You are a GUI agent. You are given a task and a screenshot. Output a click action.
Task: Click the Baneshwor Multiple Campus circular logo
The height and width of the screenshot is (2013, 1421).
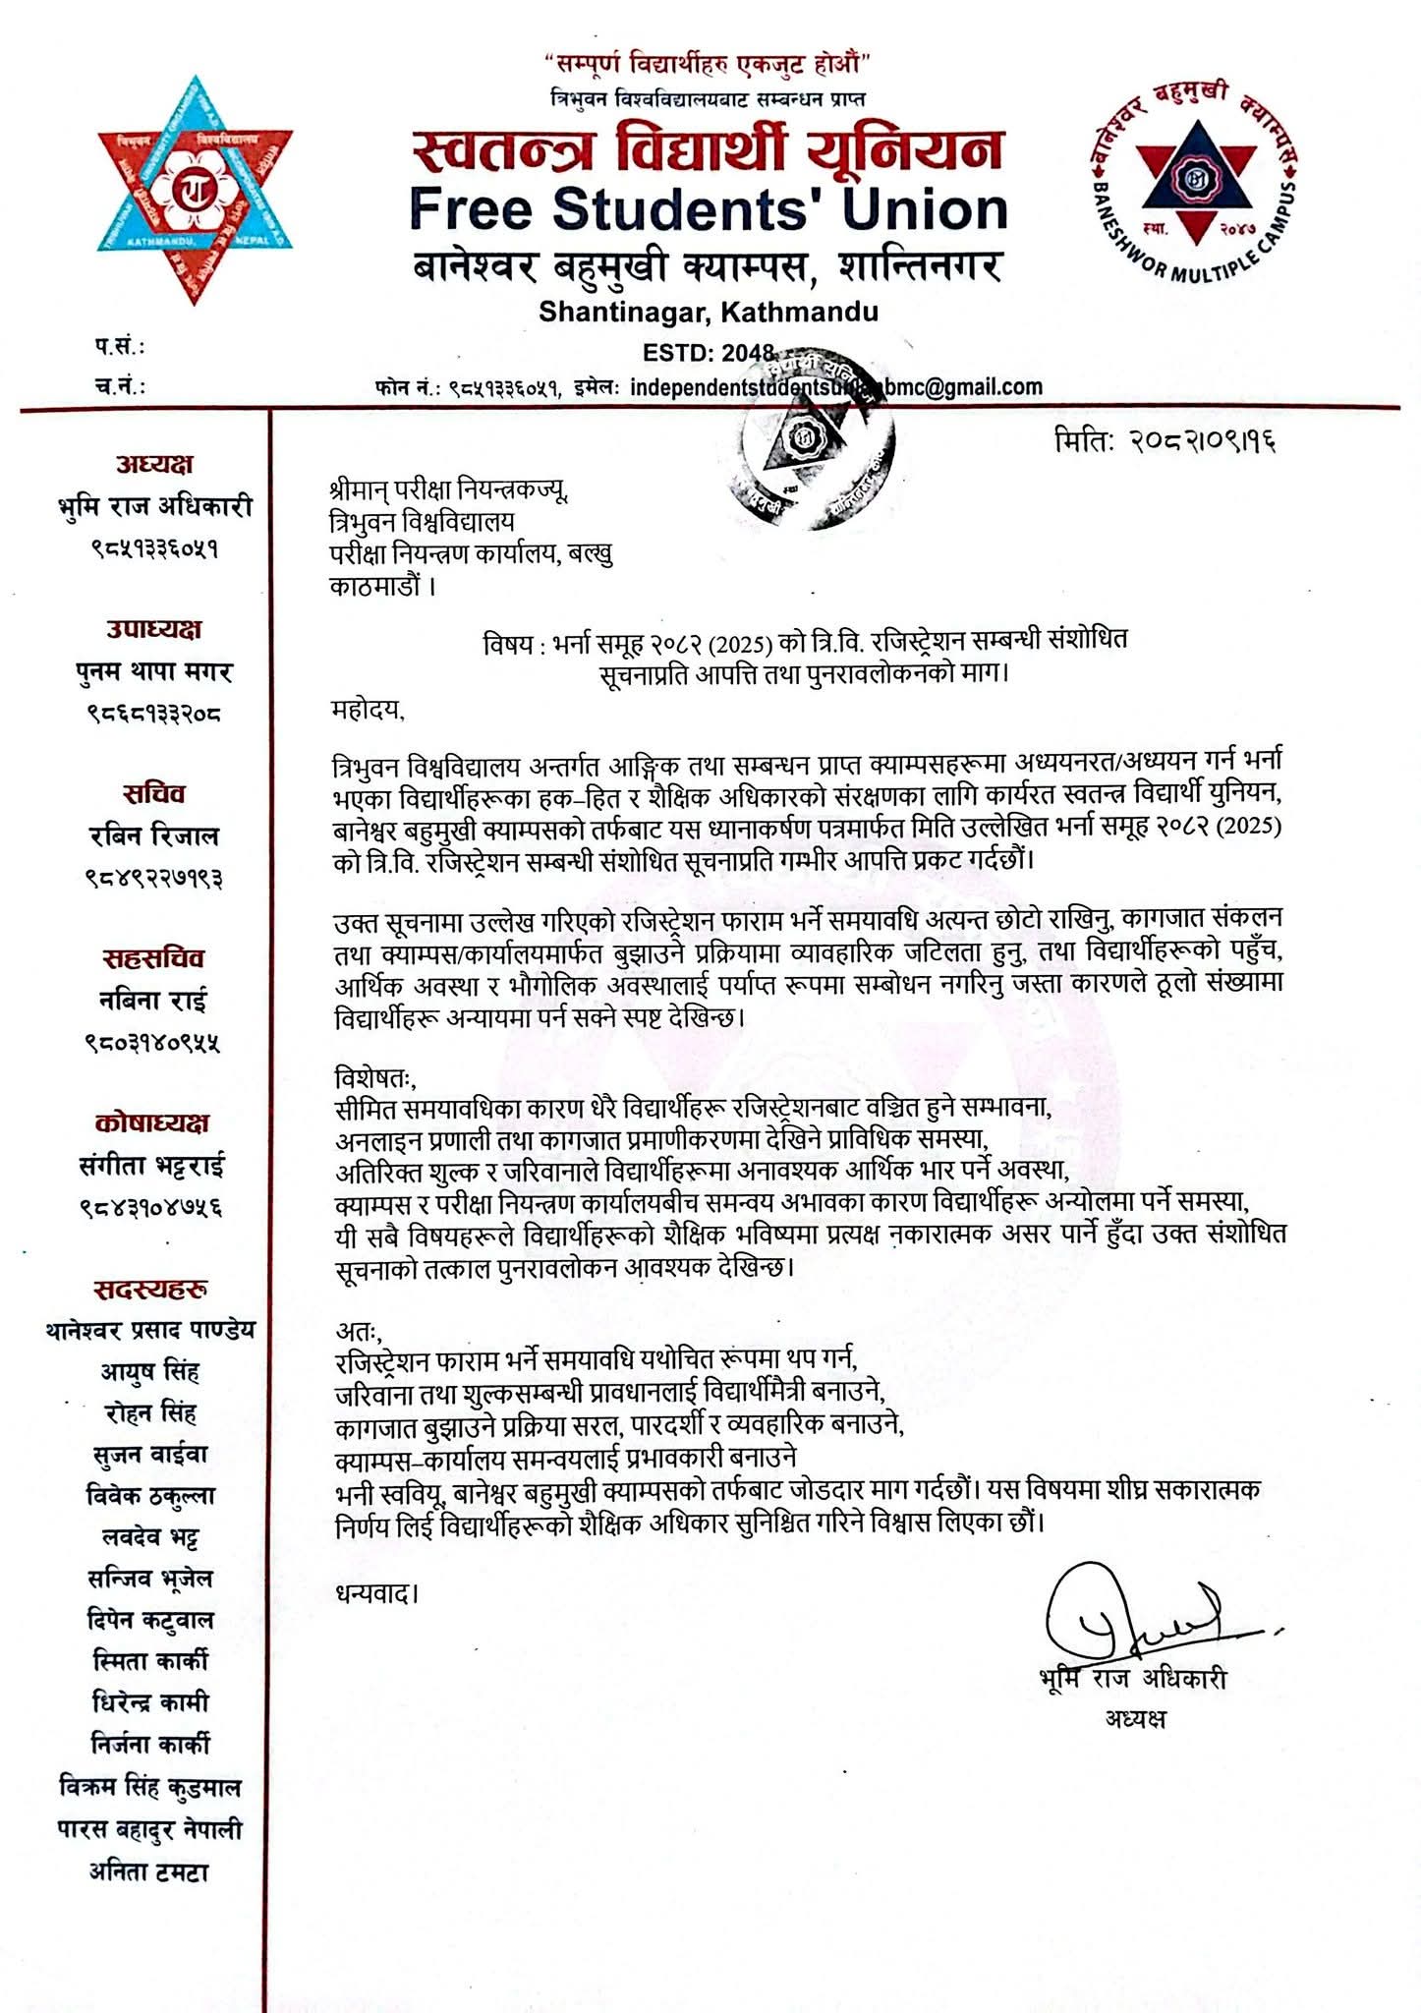pyautogui.click(x=1194, y=183)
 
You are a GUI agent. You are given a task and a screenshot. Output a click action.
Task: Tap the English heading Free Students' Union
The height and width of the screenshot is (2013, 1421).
pyautogui.click(x=708, y=209)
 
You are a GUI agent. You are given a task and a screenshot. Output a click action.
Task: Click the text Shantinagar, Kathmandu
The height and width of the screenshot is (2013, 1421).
pyautogui.click(x=708, y=313)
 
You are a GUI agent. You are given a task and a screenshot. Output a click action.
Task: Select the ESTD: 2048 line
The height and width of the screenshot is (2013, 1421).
pyautogui.click(x=708, y=353)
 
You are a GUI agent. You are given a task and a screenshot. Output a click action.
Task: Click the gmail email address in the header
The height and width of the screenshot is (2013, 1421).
pyautogui.click(x=835, y=386)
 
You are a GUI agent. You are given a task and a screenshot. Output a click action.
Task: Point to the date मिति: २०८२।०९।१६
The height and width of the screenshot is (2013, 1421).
pyautogui.click(x=1165, y=439)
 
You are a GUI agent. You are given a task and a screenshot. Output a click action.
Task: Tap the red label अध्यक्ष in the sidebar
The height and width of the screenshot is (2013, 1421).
pyautogui.click(x=154, y=464)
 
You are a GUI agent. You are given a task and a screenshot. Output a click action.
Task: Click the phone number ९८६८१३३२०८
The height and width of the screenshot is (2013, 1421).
pyautogui.click(x=154, y=713)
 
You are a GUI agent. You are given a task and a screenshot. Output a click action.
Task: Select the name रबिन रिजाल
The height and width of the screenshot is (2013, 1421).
pyautogui.click(x=154, y=835)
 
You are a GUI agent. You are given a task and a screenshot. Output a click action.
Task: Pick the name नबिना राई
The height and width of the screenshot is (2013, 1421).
pyautogui.click(x=154, y=1001)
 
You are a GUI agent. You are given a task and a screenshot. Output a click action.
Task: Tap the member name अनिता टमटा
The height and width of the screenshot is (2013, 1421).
pyautogui.click(x=150, y=1872)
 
